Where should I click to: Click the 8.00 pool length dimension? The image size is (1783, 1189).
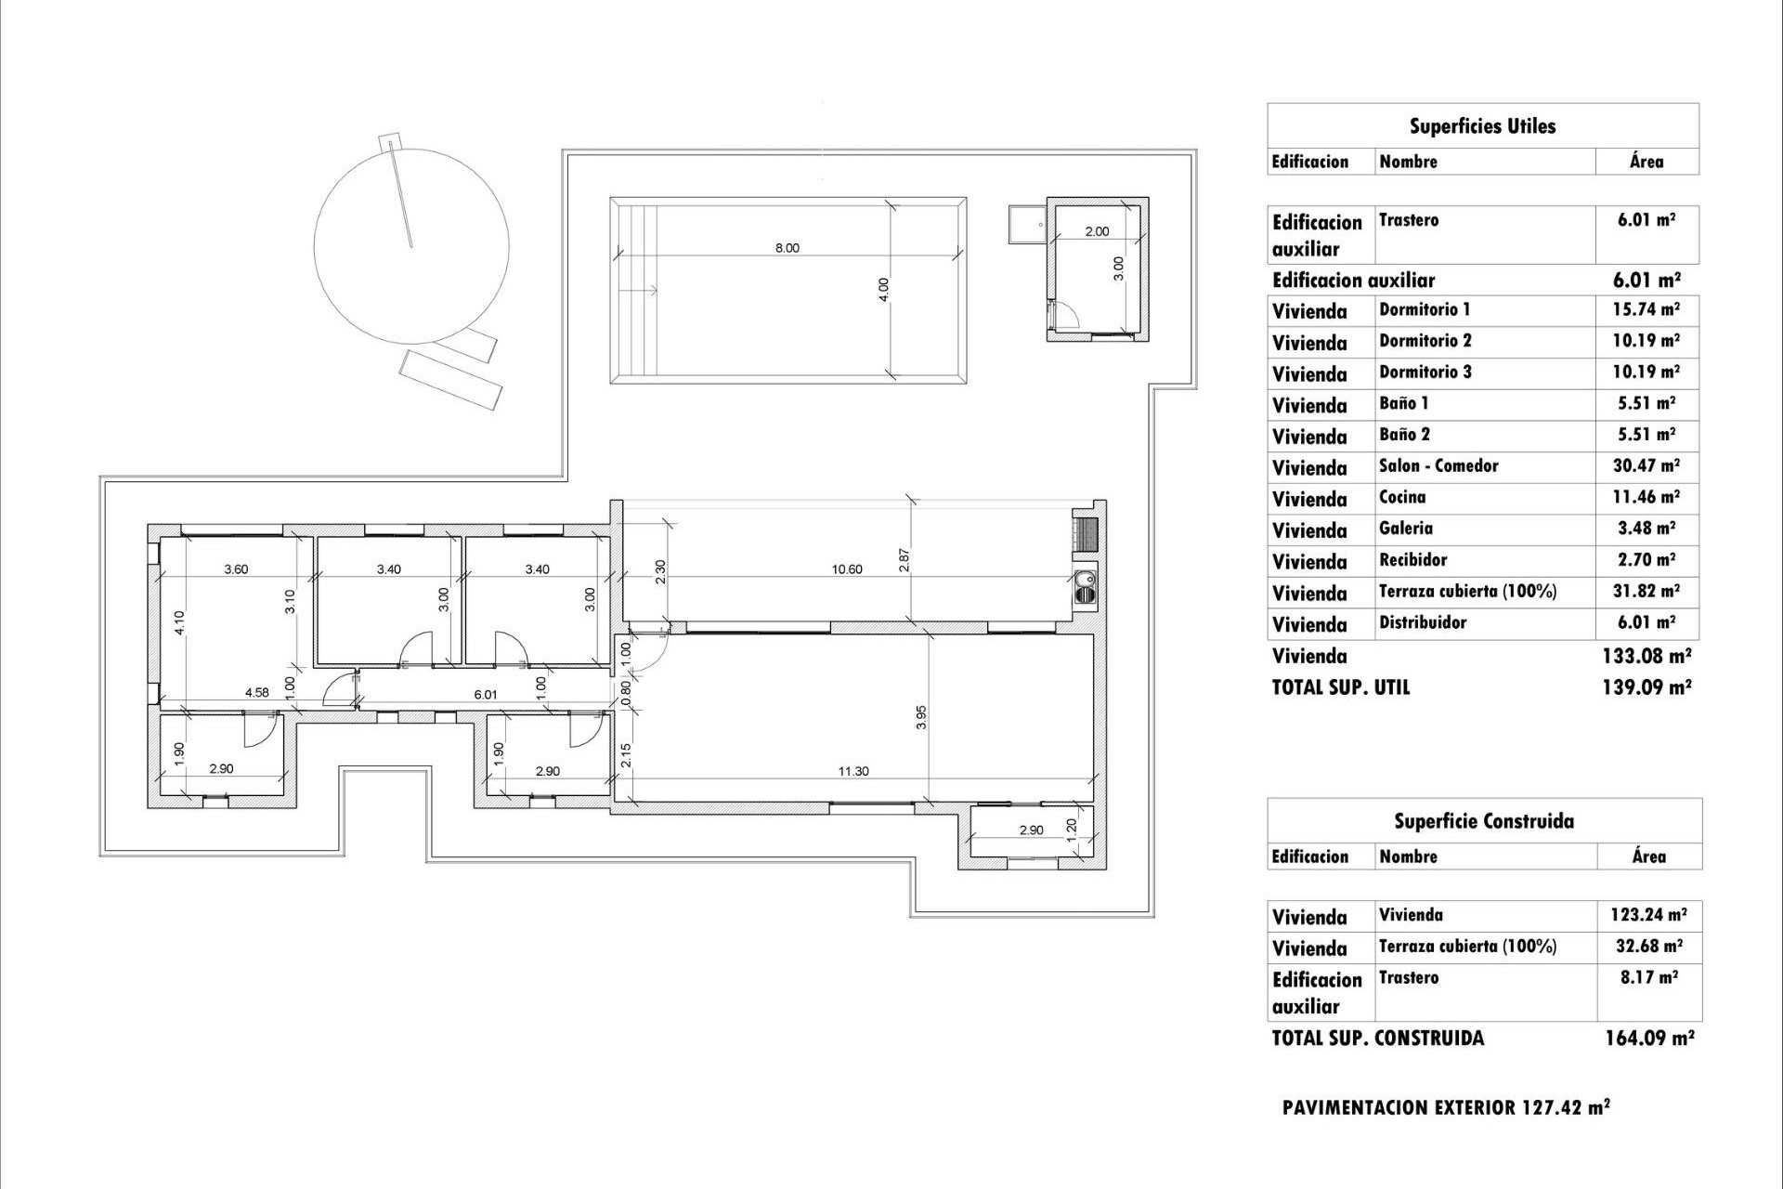(x=787, y=248)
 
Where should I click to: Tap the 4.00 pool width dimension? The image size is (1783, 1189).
(x=884, y=289)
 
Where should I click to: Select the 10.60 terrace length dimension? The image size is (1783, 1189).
(x=847, y=569)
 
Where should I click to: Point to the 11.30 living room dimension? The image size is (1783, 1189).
(x=853, y=771)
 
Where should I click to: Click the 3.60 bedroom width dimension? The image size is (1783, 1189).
(x=236, y=569)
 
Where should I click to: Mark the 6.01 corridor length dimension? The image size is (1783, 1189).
(x=486, y=694)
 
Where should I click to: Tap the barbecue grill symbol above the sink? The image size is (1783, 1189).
(x=1087, y=533)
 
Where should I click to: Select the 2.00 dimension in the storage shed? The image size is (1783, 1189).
(x=1097, y=231)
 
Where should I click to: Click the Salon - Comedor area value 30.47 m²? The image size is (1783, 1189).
(x=1646, y=466)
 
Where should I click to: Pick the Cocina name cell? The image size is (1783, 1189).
(x=1402, y=498)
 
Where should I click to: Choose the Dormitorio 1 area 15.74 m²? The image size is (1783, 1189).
(x=1646, y=309)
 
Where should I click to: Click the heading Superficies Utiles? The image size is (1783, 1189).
(x=1482, y=126)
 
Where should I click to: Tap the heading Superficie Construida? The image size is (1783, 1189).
(x=1483, y=821)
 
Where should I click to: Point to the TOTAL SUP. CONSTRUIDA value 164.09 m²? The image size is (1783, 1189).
(x=1649, y=1039)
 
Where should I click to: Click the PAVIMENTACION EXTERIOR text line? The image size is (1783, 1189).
(x=1445, y=1107)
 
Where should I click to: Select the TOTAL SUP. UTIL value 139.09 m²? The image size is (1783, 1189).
(x=1646, y=687)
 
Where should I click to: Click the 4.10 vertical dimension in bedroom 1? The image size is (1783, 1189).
(x=179, y=621)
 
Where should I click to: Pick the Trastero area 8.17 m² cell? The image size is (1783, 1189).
(x=1649, y=978)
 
